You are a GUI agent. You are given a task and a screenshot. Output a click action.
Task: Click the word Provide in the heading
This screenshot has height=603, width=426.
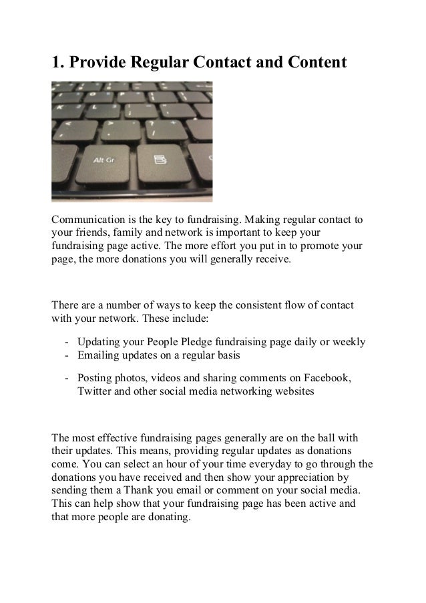[x=98, y=63]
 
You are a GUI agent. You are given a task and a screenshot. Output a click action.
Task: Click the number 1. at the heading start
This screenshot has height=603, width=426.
[x=58, y=63]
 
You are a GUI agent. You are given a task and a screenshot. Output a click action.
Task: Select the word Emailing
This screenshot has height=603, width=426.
[x=101, y=355]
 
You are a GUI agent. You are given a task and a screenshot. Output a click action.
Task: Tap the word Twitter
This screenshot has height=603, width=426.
[x=97, y=391]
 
